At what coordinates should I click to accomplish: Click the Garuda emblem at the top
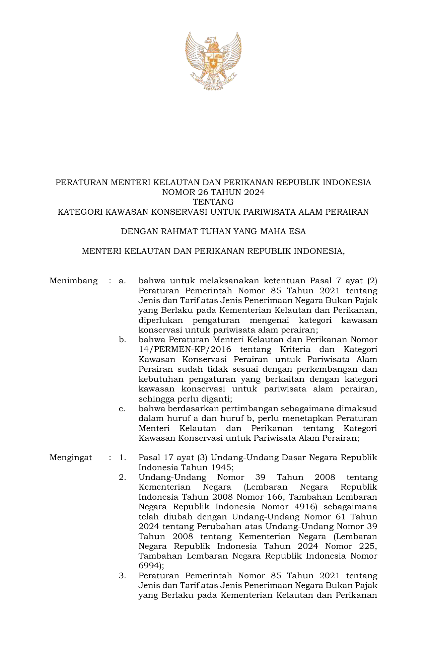point(213,61)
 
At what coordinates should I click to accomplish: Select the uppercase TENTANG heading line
point(213,202)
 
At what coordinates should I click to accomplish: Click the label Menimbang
point(74,281)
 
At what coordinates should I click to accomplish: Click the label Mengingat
point(71,458)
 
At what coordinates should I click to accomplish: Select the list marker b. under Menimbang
point(122,340)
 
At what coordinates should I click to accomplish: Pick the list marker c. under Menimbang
point(122,409)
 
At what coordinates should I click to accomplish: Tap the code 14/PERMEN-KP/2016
point(185,350)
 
